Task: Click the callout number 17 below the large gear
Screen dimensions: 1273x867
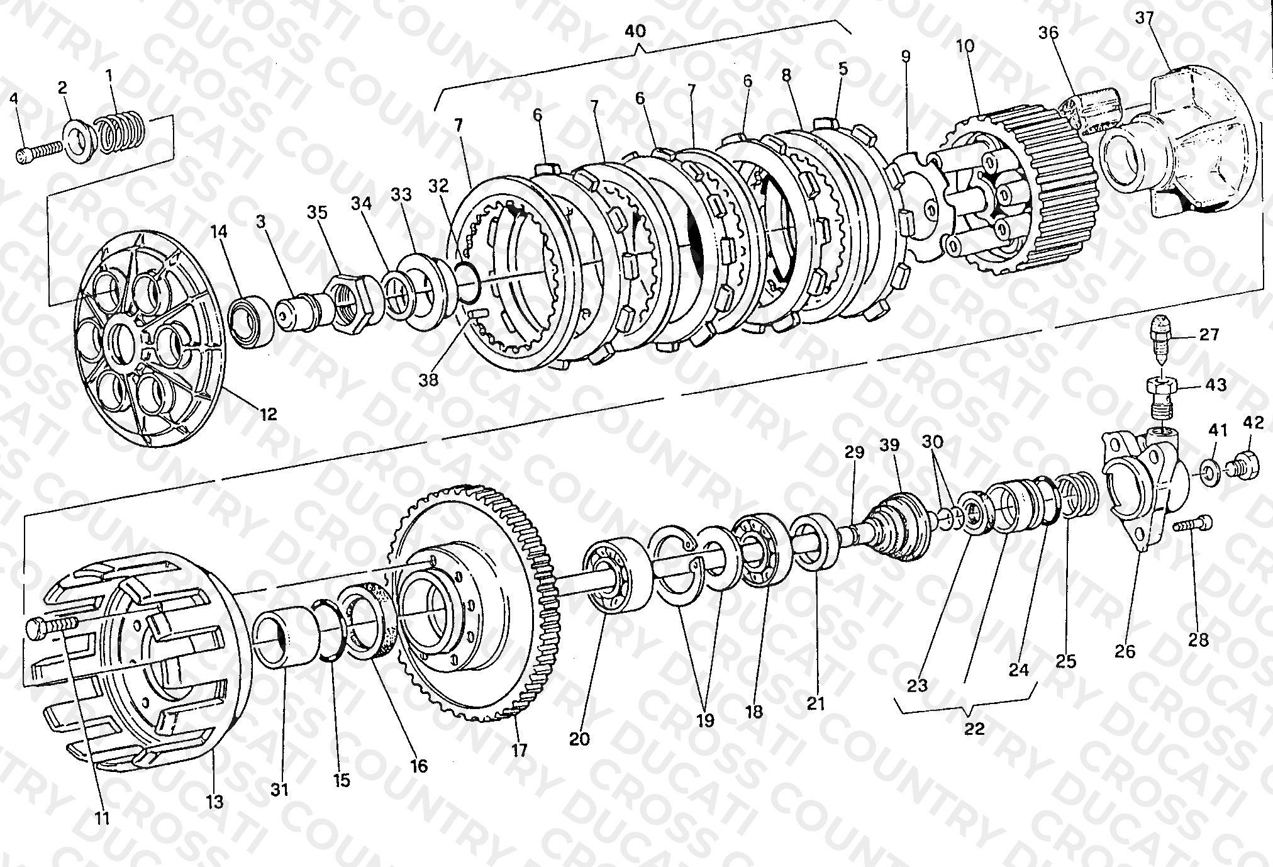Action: point(520,750)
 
